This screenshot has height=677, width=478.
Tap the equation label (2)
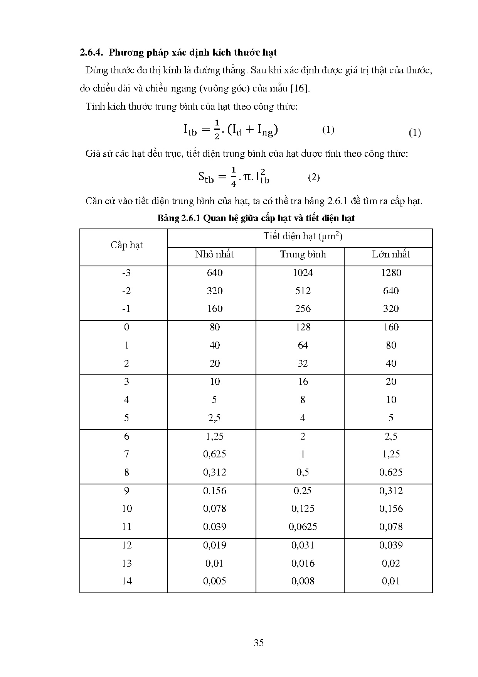click(314, 177)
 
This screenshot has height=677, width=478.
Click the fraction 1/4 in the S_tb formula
click(233, 177)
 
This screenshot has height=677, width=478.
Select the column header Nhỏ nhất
click(214, 254)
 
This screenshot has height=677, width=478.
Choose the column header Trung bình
click(303, 254)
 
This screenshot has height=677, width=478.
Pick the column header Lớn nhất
click(391, 254)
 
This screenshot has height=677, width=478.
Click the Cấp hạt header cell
click(126, 245)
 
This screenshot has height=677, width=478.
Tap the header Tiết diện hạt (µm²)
click(303, 236)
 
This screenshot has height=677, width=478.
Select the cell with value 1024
click(303, 273)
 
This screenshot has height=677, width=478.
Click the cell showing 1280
click(391, 273)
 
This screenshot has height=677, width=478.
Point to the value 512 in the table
click(303, 291)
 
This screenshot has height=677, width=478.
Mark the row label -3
click(126, 273)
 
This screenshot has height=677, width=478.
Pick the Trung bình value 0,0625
click(303, 527)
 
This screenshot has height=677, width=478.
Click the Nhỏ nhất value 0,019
click(214, 545)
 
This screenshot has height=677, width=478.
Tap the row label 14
click(126, 581)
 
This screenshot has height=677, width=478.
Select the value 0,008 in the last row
click(303, 581)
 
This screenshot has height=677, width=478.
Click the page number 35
click(259, 643)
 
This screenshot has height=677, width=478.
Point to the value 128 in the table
click(303, 327)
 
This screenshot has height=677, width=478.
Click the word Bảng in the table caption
click(168, 218)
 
